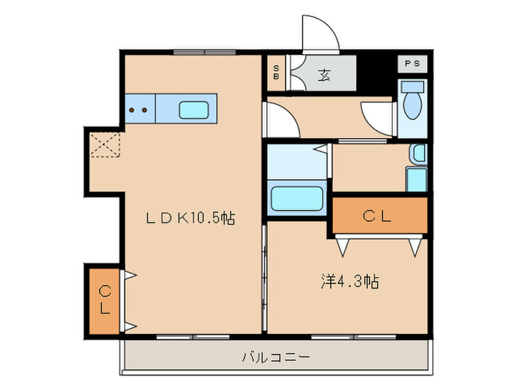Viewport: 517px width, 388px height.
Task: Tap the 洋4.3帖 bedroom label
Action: point(350,281)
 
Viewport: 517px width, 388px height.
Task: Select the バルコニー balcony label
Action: point(275,358)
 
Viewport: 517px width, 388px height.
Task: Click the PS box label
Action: point(412,64)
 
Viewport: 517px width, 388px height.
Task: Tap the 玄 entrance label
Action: point(324,74)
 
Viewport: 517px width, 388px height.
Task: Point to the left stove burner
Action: point(133,110)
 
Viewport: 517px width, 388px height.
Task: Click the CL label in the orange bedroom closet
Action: point(378,216)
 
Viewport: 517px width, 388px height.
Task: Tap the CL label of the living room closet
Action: point(105,299)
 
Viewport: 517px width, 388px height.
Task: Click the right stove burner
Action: point(145,110)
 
